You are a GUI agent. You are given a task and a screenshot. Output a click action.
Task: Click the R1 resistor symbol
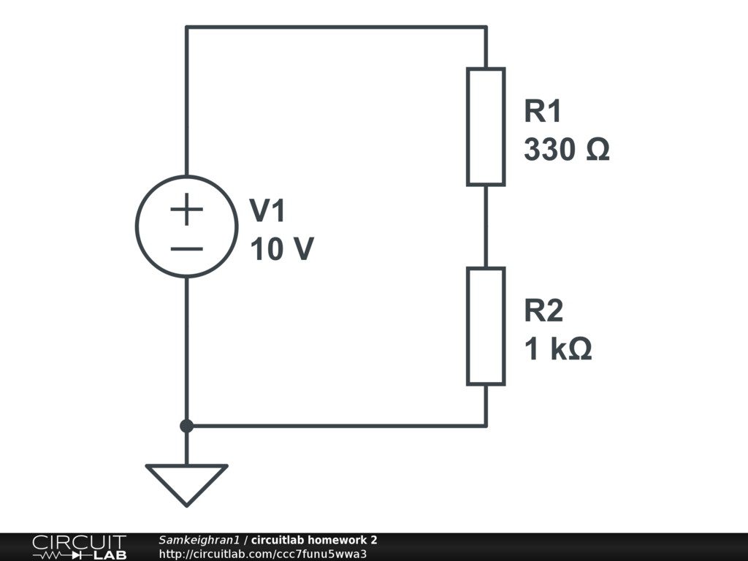pyautogui.click(x=486, y=126)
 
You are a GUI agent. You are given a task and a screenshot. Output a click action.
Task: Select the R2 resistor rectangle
pyautogui.click(x=486, y=326)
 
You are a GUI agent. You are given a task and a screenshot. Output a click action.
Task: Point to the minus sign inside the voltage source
pyautogui.click(x=187, y=248)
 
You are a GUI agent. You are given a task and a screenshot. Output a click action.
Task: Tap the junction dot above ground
pyautogui.click(x=187, y=425)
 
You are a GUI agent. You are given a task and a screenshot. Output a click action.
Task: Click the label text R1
pyautogui.click(x=543, y=112)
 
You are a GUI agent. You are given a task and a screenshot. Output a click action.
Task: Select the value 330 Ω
pyautogui.click(x=566, y=150)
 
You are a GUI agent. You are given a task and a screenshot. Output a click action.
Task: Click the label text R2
pyautogui.click(x=543, y=311)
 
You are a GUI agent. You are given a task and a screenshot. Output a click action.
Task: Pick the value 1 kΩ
pyautogui.click(x=558, y=350)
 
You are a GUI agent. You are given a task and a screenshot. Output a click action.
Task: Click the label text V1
pyautogui.click(x=269, y=212)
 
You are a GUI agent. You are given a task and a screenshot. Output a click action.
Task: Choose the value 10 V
pyautogui.click(x=282, y=250)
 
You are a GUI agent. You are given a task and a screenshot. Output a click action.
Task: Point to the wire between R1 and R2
pyautogui.click(x=486, y=226)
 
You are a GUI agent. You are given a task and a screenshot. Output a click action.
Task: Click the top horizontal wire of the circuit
pyautogui.click(x=336, y=28)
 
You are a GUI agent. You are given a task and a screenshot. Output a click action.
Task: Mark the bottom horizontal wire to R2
pyautogui.click(x=336, y=425)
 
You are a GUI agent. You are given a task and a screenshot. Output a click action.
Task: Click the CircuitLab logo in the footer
pyautogui.click(x=79, y=546)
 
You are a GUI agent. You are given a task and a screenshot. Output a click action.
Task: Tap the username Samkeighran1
pyautogui.click(x=199, y=540)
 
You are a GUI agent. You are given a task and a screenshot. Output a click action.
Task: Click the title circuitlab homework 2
pyautogui.click(x=314, y=540)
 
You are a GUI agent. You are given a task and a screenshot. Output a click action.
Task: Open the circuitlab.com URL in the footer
pyautogui.click(x=262, y=553)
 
